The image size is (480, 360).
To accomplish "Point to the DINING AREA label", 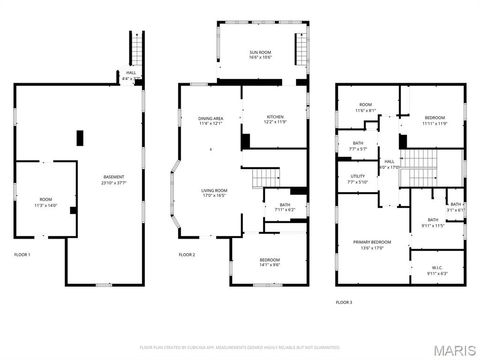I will pos(210,120).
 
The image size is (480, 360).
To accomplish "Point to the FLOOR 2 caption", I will pos(187,255).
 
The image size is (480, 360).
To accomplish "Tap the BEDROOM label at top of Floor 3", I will pos(433,120).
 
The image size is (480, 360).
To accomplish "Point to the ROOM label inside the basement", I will pos(46,201).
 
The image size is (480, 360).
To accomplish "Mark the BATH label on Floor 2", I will pos(283,208).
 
